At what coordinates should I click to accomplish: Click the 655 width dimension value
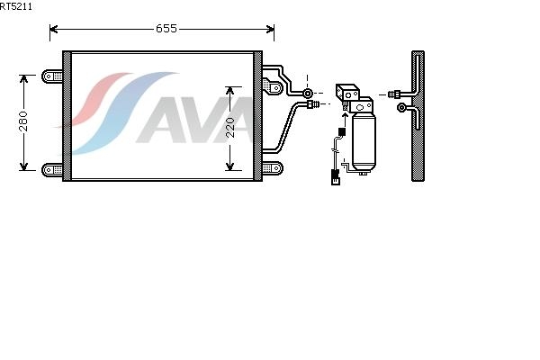pos(166,29)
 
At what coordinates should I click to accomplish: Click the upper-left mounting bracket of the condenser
pos(54,76)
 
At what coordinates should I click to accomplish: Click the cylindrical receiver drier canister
pos(363,141)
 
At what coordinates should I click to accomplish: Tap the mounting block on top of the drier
pos(348,93)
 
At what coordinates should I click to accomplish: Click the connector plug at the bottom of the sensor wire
pos(335,176)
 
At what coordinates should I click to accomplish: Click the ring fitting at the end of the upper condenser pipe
pos(308,93)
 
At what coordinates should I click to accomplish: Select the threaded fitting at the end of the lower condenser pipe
pos(313,105)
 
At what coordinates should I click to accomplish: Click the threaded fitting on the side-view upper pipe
pos(394,93)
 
